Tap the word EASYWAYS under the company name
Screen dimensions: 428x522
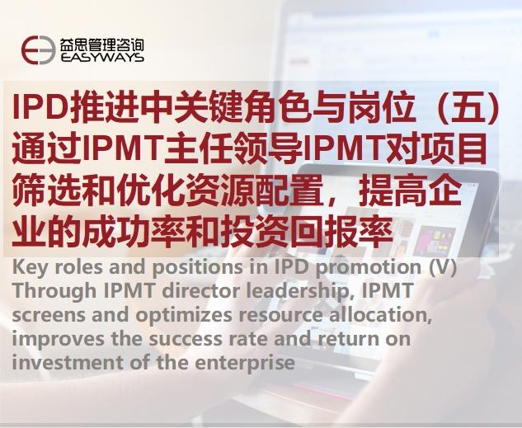[x=102, y=59]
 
